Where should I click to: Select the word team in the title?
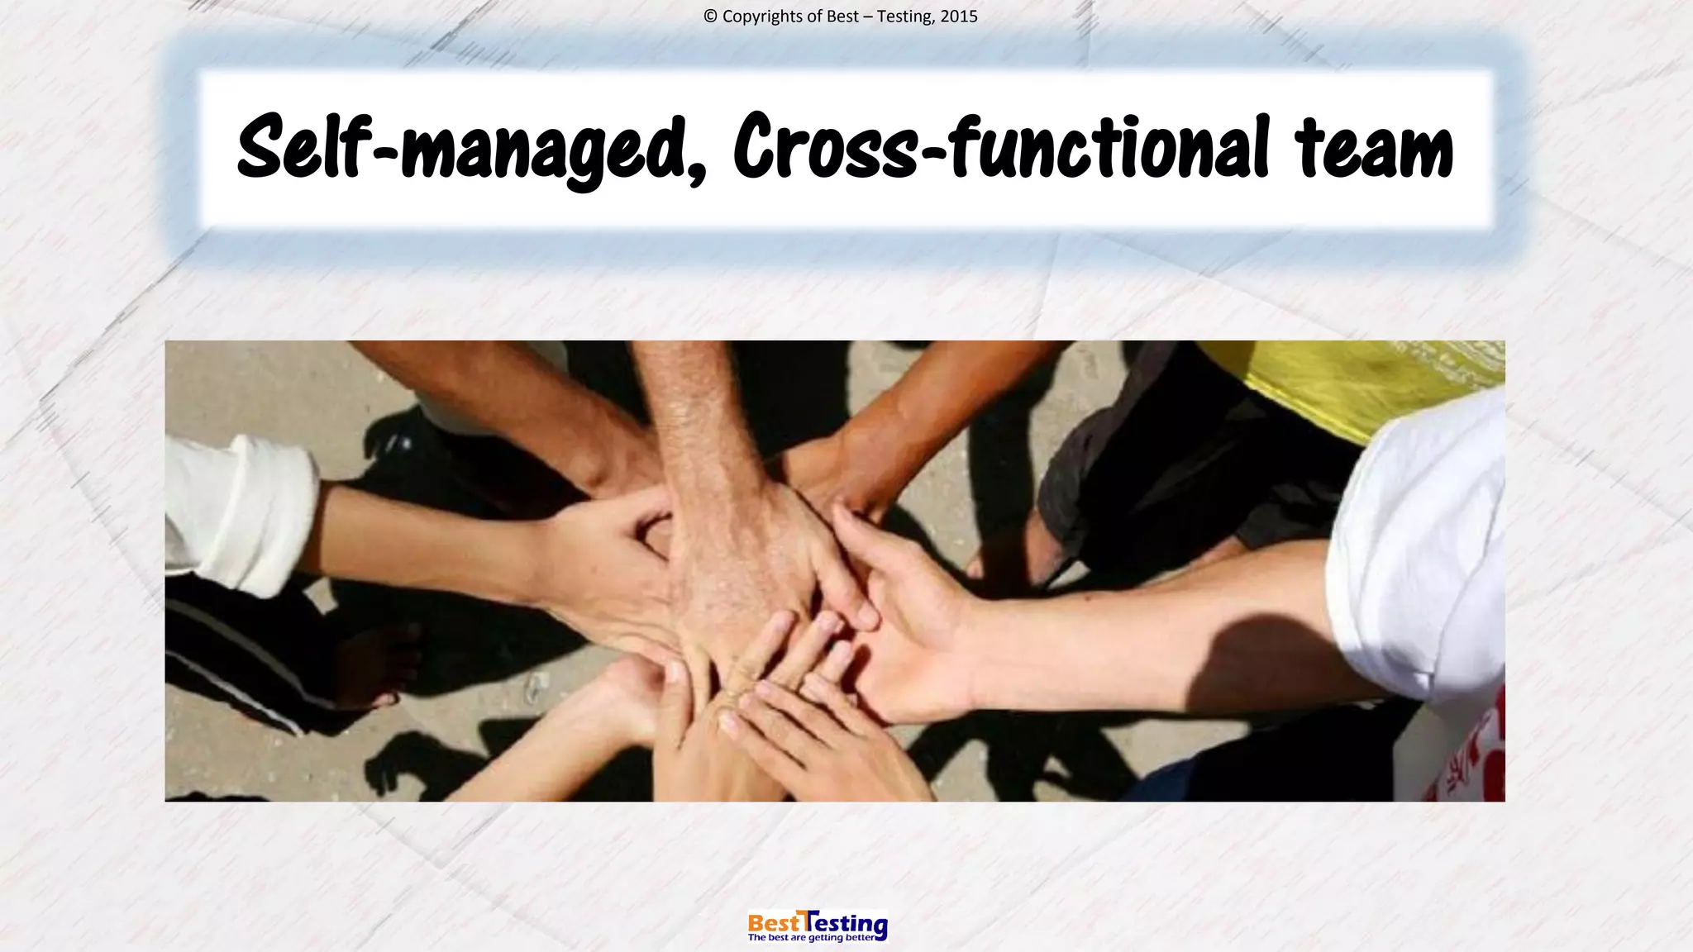pyautogui.click(x=1374, y=149)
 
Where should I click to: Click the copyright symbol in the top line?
pyautogui.click(x=710, y=17)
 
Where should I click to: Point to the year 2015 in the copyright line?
pyautogui.click(x=959, y=17)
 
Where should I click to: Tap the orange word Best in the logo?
pyautogui.click(x=774, y=921)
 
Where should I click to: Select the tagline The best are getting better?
pyautogui.click(x=810, y=938)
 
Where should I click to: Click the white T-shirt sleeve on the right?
pyautogui.click(x=1422, y=545)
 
